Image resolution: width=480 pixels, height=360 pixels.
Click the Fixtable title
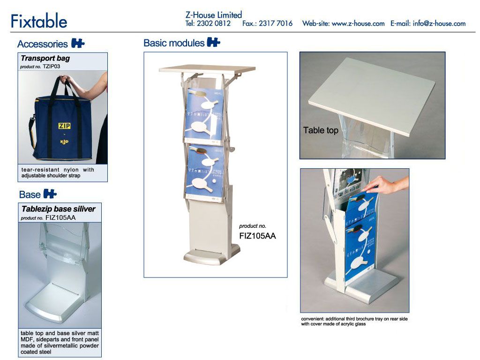(x=39, y=21)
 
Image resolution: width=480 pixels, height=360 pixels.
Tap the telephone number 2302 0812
(x=214, y=23)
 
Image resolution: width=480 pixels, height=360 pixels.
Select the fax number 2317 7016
(x=276, y=23)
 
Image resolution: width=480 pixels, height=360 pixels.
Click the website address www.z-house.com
(x=358, y=23)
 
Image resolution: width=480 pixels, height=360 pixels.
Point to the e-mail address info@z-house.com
(x=439, y=23)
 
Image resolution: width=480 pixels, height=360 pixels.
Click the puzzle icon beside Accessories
(x=78, y=43)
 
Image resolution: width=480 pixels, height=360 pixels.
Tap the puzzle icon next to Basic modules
(x=213, y=42)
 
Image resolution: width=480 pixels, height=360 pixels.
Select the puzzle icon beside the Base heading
(x=50, y=194)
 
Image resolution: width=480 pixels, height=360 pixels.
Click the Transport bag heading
(x=45, y=58)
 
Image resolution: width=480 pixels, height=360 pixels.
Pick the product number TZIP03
(x=52, y=67)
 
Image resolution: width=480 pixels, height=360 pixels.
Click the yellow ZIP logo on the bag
(x=65, y=126)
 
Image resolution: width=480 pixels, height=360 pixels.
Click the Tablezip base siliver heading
(x=59, y=209)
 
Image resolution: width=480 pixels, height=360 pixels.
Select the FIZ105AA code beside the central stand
(x=257, y=236)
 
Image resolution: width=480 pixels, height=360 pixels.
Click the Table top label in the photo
(x=321, y=130)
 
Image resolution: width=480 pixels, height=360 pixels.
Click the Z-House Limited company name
(x=214, y=15)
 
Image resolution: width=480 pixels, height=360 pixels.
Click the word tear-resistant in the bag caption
(x=40, y=170)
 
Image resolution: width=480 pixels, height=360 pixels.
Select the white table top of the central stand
(x=207, y=68)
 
